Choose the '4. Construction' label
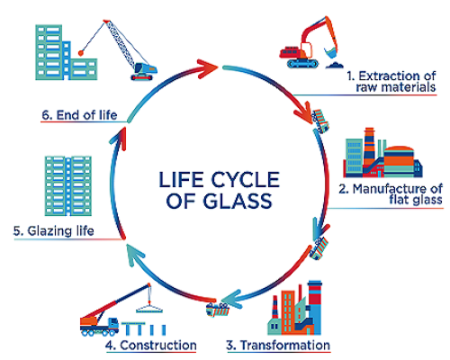[152, 345]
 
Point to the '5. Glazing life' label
[67, 230]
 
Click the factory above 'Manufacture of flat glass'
[382, 152]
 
